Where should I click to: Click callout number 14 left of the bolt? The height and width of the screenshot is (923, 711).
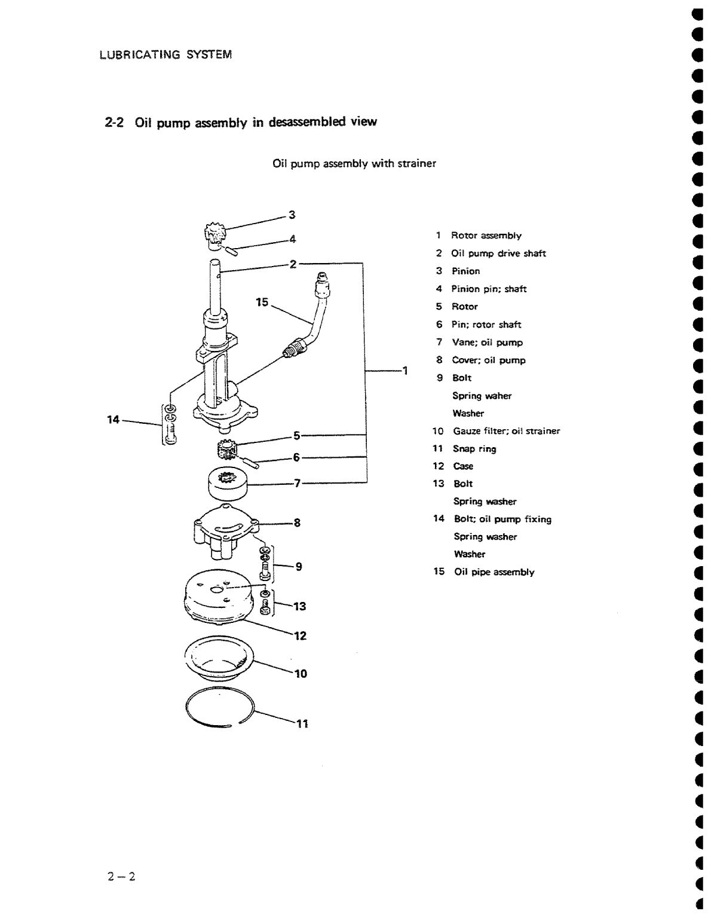[x=114, y=420]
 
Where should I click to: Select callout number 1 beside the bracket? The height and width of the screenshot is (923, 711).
[x=404, y=371]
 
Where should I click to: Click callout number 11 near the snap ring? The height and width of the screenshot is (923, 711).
[x=302, y=724]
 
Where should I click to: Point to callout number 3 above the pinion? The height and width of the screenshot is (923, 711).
[x=292, y=215]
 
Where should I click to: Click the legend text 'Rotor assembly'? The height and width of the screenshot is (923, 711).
[x=486, y=236]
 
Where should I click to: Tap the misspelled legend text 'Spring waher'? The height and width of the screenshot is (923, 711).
[x=482, y=396]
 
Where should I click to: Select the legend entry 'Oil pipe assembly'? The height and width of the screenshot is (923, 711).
[x=494, y=572]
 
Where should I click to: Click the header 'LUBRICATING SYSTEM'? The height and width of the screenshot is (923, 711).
[x=166, y=55]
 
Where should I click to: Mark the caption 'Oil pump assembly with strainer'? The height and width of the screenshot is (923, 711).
[x=354, y=163]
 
